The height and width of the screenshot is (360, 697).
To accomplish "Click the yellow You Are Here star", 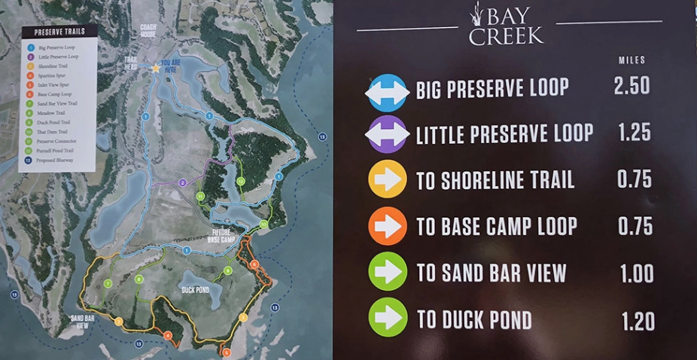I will [156, 68].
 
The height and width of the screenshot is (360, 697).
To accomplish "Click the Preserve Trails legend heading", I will [59, 32].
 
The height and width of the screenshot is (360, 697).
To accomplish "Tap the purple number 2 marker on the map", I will [183, 182].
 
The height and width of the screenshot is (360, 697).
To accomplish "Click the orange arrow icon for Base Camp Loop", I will [388, 226].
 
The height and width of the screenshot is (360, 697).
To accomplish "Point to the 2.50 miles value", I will [632, 86].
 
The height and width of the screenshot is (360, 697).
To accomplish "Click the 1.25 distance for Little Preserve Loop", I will [634, 133].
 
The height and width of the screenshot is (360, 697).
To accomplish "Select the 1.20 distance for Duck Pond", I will [637, 322].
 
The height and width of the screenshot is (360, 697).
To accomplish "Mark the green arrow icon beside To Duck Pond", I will [388, 318].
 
